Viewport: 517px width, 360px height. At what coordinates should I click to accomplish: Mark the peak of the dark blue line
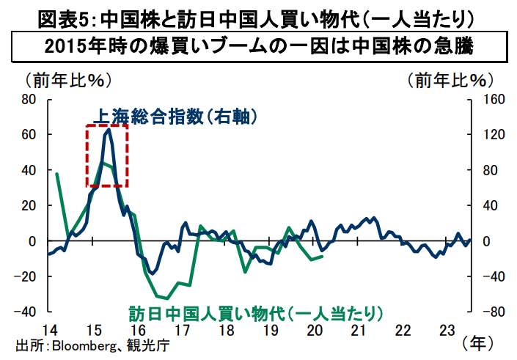[x=108, y=129]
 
